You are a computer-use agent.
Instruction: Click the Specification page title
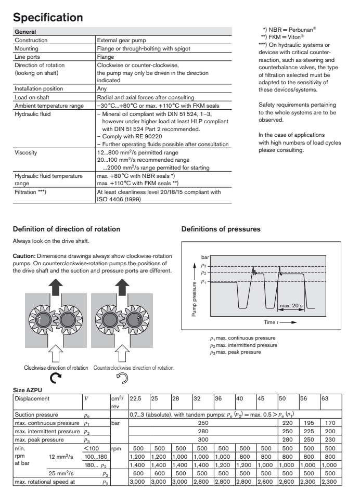pyautogui.click(x=48, y=18)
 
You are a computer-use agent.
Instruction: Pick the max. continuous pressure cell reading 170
pyautogui.click(x=331, y=423)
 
